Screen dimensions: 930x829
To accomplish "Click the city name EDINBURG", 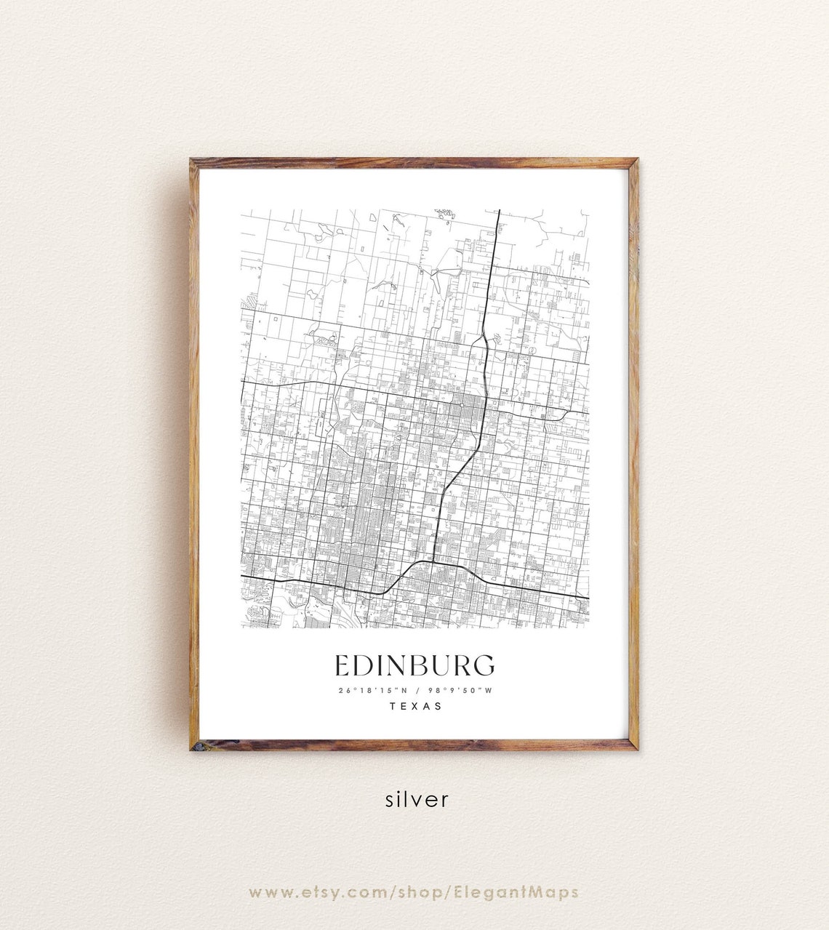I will pyautogui.click(x=414, y=665).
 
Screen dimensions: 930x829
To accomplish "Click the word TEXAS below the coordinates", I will pyautogui.click(x=415, y=706).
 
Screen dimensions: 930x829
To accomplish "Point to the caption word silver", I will pyautogui.click(x=417, y=800).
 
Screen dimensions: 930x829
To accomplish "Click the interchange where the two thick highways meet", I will pyautogui.click(x=433, y=561).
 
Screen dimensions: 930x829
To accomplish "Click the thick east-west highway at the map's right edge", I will pyautogui.click(x=585, y=598).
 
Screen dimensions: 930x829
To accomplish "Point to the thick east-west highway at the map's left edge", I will pyautogui.click(x=245, y=577).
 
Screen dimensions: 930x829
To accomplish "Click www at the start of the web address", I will pyautogui.click(x=268, y=892).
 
